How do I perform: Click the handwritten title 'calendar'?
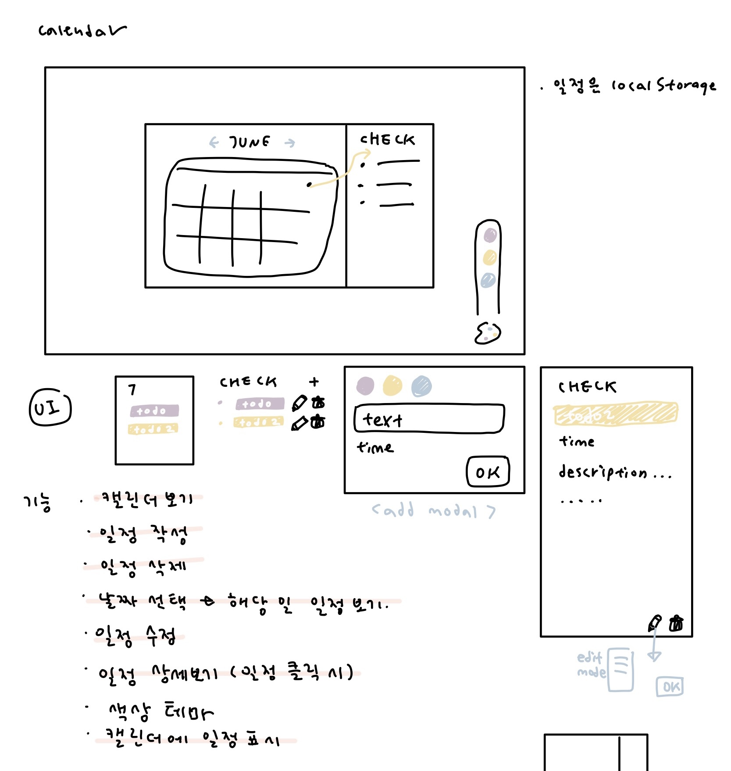[82, 31]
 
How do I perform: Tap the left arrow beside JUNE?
[214, 142]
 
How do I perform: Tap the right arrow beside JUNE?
[289, 143]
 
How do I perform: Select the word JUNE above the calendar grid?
[250, 142]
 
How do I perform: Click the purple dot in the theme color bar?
[490, 236]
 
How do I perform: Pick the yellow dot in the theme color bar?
[489, 257]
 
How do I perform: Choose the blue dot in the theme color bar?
[488, 280]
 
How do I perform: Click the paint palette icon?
[488, 333]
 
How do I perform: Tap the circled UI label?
[50, 407]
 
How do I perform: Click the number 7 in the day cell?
[132, 389]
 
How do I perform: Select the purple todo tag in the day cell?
[154, 411]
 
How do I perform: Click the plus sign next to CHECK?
[314, 382]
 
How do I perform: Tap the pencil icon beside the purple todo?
[299, 403]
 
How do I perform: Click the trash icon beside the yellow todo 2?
[318, 422]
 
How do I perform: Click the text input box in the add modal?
[429, 419]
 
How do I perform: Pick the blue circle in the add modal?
[421, 386]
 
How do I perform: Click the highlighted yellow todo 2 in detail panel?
[616, 414]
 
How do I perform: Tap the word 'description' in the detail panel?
[603, 473]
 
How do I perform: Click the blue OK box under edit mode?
[670, 687]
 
